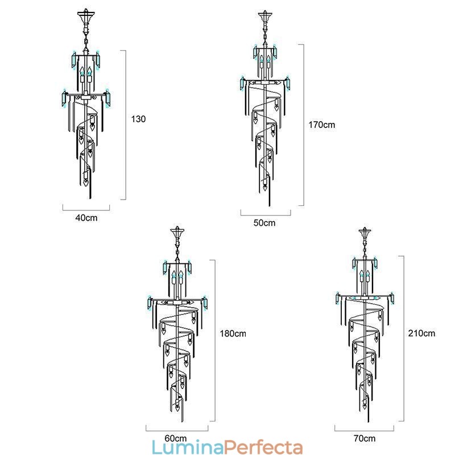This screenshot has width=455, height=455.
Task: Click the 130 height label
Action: coord(139,119)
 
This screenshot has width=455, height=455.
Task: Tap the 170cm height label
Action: coord(321,125)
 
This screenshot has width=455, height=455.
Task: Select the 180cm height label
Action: coord(232,334)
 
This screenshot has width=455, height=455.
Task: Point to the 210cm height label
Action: coord(421,333)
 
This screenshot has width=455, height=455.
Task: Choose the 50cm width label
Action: coord(264,223)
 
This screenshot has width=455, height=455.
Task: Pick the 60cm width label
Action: coord(176,438)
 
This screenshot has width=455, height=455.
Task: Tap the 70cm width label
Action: coord(364,438)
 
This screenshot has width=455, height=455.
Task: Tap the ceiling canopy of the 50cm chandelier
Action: coord(264,16)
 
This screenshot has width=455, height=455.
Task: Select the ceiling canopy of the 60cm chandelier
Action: coord(178,233)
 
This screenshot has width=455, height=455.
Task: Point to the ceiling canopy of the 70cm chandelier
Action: coord(365,233)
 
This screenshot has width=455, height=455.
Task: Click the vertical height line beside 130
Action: coord(125,125)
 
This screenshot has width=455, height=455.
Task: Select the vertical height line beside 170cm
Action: coord(304,125)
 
